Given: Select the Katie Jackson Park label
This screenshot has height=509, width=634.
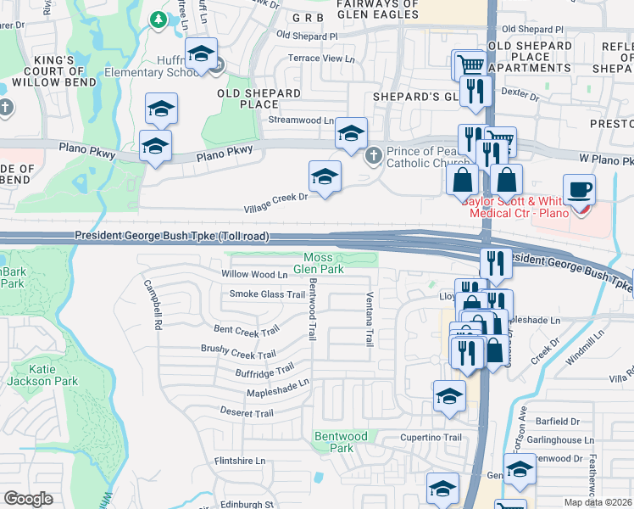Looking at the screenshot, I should coord(54,376).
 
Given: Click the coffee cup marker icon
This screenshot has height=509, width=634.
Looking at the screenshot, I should coord(579,190).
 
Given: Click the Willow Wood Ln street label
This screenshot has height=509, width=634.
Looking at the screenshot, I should coord(254,275).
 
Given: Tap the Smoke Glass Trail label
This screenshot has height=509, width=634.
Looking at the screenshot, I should coord(267,294).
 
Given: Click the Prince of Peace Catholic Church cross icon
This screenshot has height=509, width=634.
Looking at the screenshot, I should coord(373,156).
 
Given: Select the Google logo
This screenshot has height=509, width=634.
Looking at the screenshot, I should coord(28,499).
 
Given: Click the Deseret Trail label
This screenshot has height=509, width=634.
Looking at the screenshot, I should coord(247,413).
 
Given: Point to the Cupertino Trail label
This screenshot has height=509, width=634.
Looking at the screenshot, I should coord(431,438).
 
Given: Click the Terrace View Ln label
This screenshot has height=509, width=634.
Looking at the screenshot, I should coord(321,59).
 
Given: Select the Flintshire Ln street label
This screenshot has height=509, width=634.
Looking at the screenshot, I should coord(240,461).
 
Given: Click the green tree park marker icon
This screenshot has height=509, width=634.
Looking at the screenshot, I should coord(157,19).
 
